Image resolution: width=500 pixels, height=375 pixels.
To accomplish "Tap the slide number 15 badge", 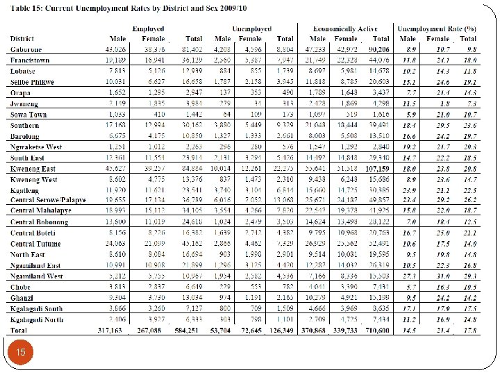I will click(21, 353).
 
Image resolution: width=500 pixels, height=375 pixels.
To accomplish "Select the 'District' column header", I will click(23, 38).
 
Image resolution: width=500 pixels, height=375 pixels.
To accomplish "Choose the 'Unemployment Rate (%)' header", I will click(436, 27).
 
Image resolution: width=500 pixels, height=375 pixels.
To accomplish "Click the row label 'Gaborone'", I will click(26, 50).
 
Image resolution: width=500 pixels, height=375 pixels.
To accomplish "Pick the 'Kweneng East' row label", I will click(32, 168).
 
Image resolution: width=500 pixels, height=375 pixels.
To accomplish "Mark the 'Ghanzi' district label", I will click(22, 297).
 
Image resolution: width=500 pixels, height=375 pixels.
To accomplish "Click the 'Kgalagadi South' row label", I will click(37, 308).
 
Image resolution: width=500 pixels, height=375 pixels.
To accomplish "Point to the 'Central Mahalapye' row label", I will click(40, 210).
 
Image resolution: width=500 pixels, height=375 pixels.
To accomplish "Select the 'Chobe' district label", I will click(22, 285).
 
